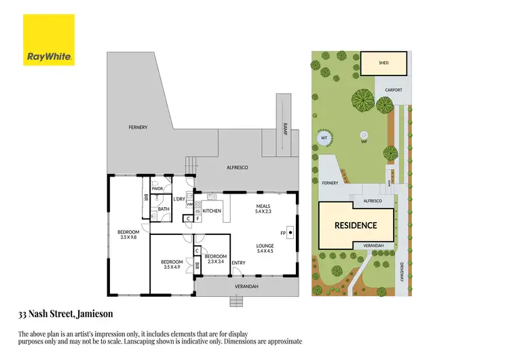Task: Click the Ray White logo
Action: coord(48,40)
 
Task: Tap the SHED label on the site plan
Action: coord(383,62)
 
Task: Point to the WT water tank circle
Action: coord(324,139)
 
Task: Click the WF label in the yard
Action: coord(364,142)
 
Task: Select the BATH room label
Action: coord(164,209)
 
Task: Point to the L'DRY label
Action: coord(180,198)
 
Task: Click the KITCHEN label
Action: coord(212,211)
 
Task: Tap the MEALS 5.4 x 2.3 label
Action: coord(263,209)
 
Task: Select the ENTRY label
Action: coord(238,263)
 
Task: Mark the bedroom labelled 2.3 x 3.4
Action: coord(215,258)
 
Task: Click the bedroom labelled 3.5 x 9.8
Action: coord(128,235)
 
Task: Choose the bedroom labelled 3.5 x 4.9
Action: coord(172,265)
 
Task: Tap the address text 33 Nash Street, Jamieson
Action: coord(65,314)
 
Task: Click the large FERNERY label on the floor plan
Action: coord(138,127)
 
